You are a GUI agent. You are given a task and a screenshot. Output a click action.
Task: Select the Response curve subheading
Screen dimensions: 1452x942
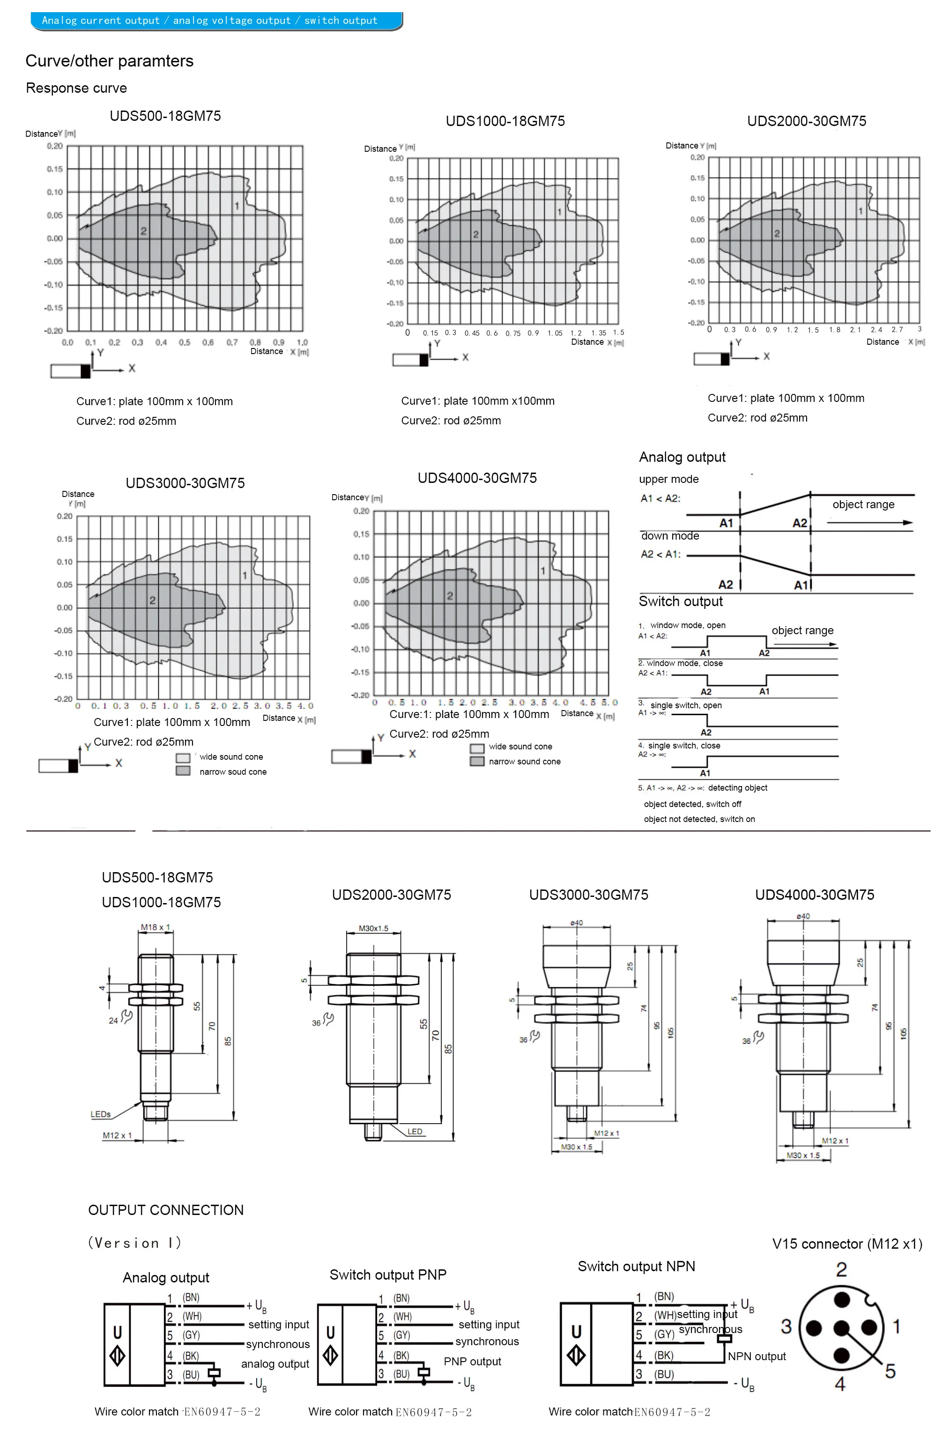76,88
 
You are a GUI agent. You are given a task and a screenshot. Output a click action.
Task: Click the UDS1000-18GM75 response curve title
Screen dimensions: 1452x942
504,121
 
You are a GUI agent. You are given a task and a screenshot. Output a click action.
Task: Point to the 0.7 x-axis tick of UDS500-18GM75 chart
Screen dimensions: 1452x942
232,342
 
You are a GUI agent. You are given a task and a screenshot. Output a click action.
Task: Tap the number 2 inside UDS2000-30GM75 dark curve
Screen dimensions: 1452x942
777,233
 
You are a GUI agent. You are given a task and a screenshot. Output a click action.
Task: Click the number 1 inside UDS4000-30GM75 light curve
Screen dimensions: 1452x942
542,570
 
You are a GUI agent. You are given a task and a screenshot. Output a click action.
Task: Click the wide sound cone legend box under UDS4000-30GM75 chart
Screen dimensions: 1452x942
476,748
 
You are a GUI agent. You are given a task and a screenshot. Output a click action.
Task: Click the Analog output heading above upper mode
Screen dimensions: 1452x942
682,457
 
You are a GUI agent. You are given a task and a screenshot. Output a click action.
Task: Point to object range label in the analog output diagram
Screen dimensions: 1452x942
863,504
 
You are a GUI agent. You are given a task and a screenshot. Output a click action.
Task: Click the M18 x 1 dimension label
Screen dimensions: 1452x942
155,927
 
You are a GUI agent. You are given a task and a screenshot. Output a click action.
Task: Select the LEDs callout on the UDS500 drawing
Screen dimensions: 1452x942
101,1114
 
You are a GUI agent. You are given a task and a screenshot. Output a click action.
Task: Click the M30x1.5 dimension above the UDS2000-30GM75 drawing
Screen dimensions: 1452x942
373,928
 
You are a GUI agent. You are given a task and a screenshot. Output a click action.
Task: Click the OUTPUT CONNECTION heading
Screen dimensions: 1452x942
165,1210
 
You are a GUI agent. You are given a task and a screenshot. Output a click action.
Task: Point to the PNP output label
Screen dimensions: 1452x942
472,1361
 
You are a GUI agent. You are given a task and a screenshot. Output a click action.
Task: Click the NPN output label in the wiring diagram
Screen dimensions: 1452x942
756,1356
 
